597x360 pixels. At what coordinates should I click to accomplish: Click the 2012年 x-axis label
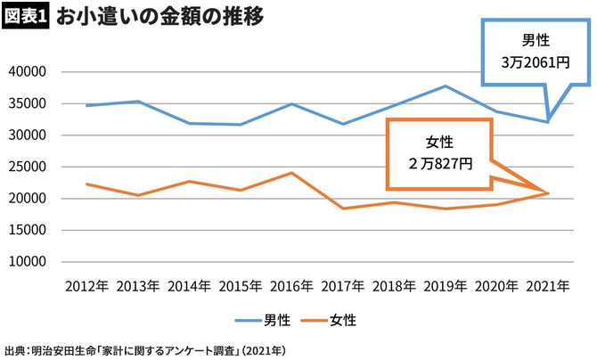click(86, 288)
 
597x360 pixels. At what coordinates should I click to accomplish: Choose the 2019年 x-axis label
click(445, 288)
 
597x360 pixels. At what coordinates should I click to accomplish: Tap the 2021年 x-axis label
click(548, 288)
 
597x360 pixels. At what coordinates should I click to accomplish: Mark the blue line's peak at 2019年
click(445, 86)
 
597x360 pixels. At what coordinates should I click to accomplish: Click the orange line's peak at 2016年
click(291, 173)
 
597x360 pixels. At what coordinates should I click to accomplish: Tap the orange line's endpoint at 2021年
click(548, 193)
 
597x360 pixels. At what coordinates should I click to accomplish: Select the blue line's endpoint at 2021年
click(548, 121)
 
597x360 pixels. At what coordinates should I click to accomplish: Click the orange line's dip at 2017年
click(342, 209)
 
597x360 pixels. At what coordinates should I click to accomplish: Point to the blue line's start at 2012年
click(86, 105)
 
